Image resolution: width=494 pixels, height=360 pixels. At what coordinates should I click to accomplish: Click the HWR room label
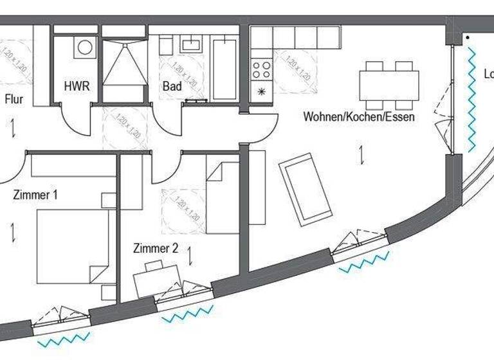[x=77, y=85]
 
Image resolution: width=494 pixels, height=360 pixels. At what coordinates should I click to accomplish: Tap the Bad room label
[x=172, y=85]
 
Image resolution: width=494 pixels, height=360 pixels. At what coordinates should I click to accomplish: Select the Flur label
[x=14, y=99]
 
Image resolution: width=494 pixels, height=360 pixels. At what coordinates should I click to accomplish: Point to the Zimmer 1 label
[x=35, y=195]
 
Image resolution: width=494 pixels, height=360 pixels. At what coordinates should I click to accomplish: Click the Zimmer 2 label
[x=155, y=248]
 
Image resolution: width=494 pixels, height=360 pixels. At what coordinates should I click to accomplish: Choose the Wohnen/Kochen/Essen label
[x=359, y=117]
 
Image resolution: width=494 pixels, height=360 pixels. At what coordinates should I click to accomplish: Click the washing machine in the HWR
[x=85, y=47]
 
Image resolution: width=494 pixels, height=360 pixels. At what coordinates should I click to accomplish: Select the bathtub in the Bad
[x=225, y=69]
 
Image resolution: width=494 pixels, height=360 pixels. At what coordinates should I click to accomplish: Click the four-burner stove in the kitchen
[x=262, y=69]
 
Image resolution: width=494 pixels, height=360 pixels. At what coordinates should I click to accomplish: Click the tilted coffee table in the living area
[x=305, y=189]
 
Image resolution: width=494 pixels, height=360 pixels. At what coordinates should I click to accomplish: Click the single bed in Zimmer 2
[x=223, y=197]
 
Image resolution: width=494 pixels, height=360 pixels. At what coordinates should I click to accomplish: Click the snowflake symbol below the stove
[x=261, y=91]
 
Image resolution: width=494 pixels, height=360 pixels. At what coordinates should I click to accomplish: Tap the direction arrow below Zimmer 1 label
[x=13, y=231]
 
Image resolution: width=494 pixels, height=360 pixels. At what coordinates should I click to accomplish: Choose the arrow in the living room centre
[x=363, y=155]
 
